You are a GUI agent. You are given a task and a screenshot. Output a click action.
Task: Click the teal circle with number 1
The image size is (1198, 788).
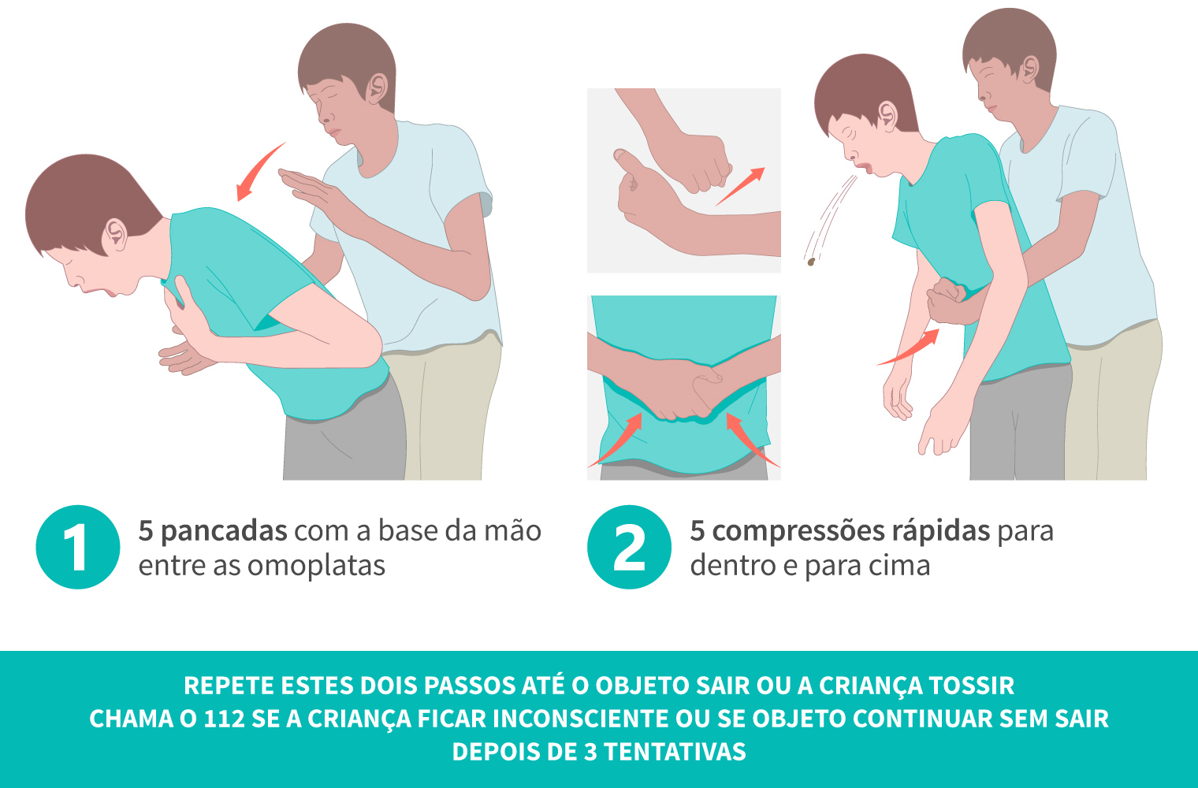(x=77, y=547)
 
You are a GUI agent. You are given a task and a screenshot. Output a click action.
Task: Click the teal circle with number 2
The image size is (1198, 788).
(x=629, y=547)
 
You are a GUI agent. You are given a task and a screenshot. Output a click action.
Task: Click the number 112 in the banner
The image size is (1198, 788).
(x=224, y=719)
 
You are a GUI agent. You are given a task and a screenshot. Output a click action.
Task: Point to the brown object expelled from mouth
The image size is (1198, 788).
(x=809, y=261)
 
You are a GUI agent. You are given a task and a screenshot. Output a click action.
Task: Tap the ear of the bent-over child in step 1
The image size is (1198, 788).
(x=116, y=233)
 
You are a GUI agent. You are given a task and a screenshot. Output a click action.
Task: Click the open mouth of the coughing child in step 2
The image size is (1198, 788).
(x=865, y=168)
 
